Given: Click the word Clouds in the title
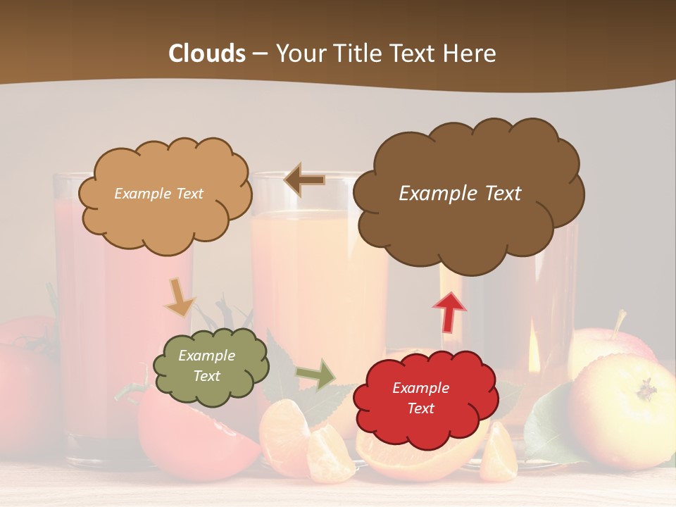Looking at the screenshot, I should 207,54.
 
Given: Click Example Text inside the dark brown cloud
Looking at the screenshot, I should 460,194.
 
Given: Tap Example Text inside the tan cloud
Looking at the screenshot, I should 158,194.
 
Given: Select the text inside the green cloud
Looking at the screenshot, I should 206,366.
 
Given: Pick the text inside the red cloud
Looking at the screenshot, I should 420,399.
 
